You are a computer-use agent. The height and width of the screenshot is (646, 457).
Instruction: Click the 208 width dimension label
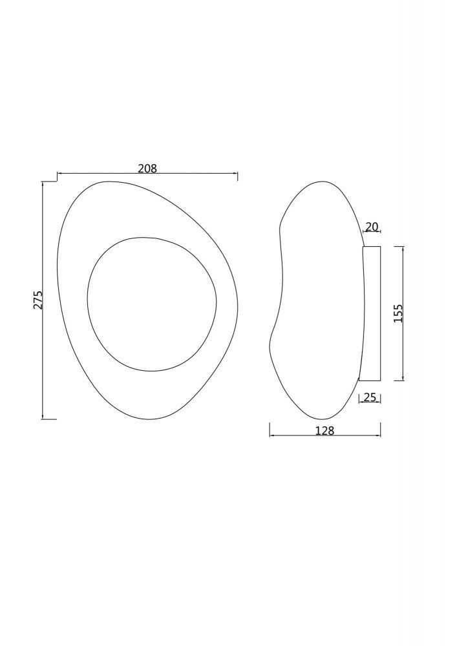click(x=147, y=168)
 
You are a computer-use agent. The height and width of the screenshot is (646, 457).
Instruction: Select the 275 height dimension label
click(x=38, y=300)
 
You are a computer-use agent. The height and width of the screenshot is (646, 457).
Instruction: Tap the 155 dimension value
click(x=398, y=313)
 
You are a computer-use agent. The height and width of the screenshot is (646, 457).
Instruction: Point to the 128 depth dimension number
click(x=324, y=430)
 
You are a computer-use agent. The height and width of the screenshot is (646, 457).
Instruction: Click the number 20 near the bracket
click(x=372, y=227)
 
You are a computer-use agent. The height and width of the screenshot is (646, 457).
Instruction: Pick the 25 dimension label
click(x=370, y=397)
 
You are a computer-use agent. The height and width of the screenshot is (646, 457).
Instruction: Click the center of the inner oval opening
click(x=152, y=304)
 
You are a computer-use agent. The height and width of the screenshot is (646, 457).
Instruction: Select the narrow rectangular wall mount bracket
click(x=370, y=313)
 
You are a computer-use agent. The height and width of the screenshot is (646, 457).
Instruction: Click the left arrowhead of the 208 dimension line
click(x=59, y=174)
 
